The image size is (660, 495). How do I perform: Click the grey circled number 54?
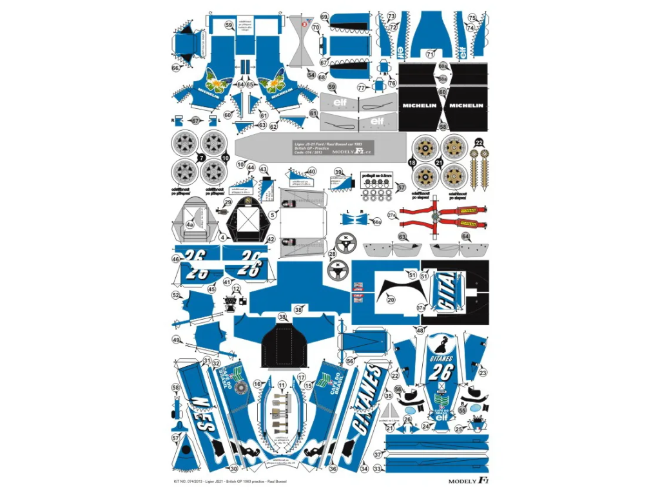(312, 75)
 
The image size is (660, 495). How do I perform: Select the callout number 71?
(430, 55)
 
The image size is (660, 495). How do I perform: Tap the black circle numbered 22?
(479, 142)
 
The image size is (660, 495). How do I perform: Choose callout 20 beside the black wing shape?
(391, 299)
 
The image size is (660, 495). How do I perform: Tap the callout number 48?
(420, 330)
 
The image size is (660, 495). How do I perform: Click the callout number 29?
(228, 202)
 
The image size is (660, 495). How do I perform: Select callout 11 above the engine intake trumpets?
(282, 385)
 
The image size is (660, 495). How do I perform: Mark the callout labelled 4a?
(189, 225)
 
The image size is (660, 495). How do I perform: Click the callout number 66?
(175, 67)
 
